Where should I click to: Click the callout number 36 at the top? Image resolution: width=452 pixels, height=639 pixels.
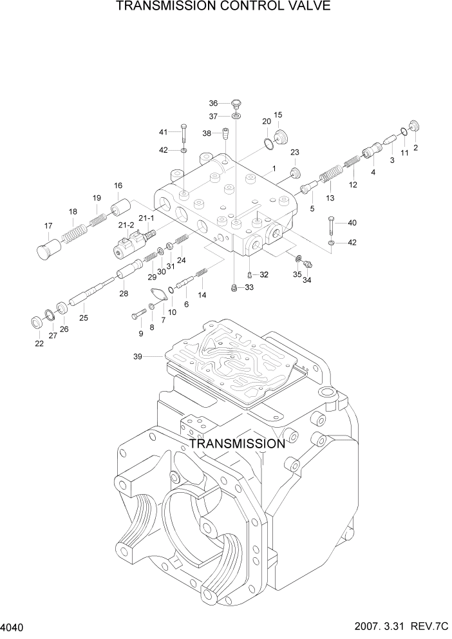click(x=214, y=103)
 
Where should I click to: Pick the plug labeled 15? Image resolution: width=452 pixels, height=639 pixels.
click(x=280, y=137)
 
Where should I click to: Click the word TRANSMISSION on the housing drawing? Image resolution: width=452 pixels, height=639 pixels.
click(x=236, y=444)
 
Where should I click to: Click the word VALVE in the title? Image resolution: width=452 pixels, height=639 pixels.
click(x=307, y=7)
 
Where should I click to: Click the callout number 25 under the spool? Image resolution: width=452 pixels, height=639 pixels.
click(x=83, y=318)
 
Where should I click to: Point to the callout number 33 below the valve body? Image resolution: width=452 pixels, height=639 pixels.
click(x=249, y=287)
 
